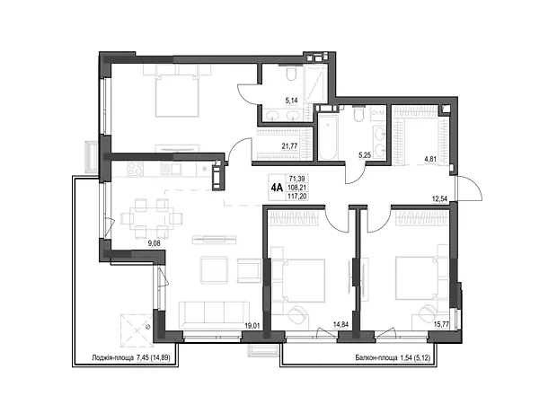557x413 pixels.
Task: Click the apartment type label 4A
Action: tap(277, 188)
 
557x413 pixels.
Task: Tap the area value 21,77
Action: tap(290, 145)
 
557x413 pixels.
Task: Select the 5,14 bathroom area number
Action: tap(291, 101)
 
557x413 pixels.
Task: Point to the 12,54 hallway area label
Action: tap(439, 198)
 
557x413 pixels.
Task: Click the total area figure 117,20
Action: tap(298, 196)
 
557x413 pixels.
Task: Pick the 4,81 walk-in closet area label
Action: tap(430, 159)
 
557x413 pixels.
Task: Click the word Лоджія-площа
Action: tap(112, 358)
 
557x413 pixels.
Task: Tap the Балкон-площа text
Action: tap(376, 358)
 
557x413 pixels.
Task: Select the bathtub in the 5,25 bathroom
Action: tap(329, 137)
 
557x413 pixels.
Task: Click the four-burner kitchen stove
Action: tap(136, 169)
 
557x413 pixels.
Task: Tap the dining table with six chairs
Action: tap(152, 218)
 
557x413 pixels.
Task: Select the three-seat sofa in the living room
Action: tap(214, 314)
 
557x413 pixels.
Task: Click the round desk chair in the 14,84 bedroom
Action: tap(297, 315)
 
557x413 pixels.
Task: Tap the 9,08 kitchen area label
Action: tap(155, 243)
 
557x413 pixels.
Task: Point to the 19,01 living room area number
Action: tap(252, 324)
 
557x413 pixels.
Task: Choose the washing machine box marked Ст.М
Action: tap(377, 113)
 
